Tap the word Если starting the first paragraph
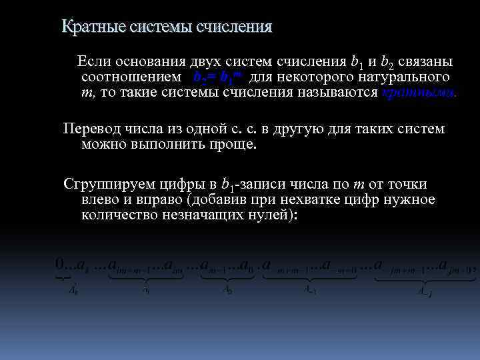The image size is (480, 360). point(95,61)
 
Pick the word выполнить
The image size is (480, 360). point(164,144)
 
